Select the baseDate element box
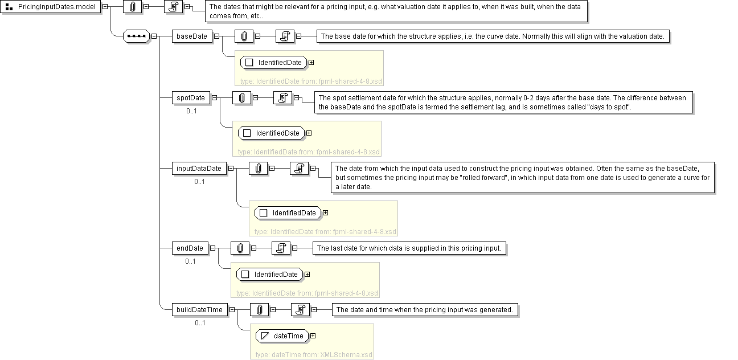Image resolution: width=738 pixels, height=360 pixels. [192, 36]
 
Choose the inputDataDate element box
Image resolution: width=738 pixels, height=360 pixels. [199, 169]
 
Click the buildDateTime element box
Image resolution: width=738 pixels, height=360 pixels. [199, 310]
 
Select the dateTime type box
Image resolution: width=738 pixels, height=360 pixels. [282, 336]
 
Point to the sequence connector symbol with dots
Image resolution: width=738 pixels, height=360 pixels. [136, 36]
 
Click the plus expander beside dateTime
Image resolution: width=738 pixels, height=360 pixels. [313, 336]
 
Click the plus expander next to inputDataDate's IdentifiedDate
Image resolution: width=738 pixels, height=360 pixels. [326, 213]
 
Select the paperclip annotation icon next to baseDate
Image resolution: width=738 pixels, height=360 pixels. [244, 36]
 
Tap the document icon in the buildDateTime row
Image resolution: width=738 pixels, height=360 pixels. [300, 310]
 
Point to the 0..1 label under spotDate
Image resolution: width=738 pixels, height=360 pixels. [191, 111]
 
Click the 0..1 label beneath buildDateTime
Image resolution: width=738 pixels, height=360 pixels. [200, 323]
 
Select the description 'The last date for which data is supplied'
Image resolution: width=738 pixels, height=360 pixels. [409, 248]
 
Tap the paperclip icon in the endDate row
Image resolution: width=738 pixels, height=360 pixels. [240, 248]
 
